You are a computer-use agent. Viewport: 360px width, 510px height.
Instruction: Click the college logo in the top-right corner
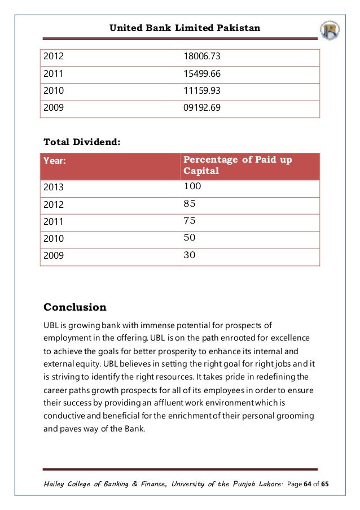click(330, 30)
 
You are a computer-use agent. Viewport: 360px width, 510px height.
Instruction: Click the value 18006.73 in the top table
click(202, 56)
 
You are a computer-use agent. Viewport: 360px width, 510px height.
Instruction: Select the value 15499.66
click(202, 73)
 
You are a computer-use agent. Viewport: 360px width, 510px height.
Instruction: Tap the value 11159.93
click(202, 90)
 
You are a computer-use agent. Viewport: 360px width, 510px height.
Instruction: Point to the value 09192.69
click(202, 107)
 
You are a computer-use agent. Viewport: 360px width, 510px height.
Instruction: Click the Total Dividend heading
click(82, 142)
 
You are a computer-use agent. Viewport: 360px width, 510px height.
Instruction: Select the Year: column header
click(55, 160)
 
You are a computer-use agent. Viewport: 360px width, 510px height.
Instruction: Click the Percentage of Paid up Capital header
click(238, 165)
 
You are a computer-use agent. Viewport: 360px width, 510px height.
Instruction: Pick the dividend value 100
click(192, 186)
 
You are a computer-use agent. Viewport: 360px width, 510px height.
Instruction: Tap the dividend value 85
click(190, 204)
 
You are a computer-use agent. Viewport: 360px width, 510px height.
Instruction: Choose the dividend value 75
click(190, 220)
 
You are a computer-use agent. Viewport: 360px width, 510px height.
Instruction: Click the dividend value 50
click(190, 237)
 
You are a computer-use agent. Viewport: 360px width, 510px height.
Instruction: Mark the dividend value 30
click(190, 255)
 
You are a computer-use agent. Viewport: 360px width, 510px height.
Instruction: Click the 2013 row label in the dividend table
click(54, 188)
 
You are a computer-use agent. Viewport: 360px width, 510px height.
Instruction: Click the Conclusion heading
click(75, 307)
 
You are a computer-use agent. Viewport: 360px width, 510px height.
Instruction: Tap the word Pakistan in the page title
click(238, 28)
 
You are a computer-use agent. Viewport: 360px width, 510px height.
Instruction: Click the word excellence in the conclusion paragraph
click(290, 338)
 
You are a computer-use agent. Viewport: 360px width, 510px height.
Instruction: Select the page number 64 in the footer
click(308, 484)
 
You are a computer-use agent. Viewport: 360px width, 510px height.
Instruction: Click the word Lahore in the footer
click(270, 484)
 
